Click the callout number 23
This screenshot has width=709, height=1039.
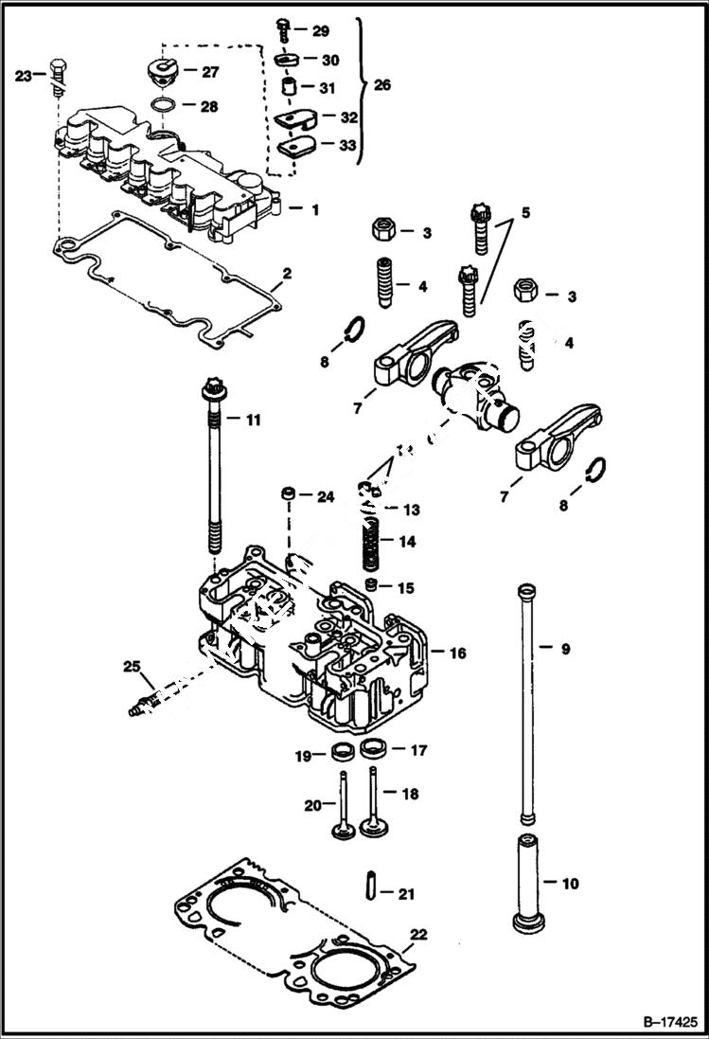pos(24,76)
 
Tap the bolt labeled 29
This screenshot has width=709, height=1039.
pos(283,31)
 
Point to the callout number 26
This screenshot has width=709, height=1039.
pos(381,85)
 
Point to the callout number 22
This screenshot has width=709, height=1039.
pos(418,935)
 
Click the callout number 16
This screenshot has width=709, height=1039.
pos(457,654)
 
